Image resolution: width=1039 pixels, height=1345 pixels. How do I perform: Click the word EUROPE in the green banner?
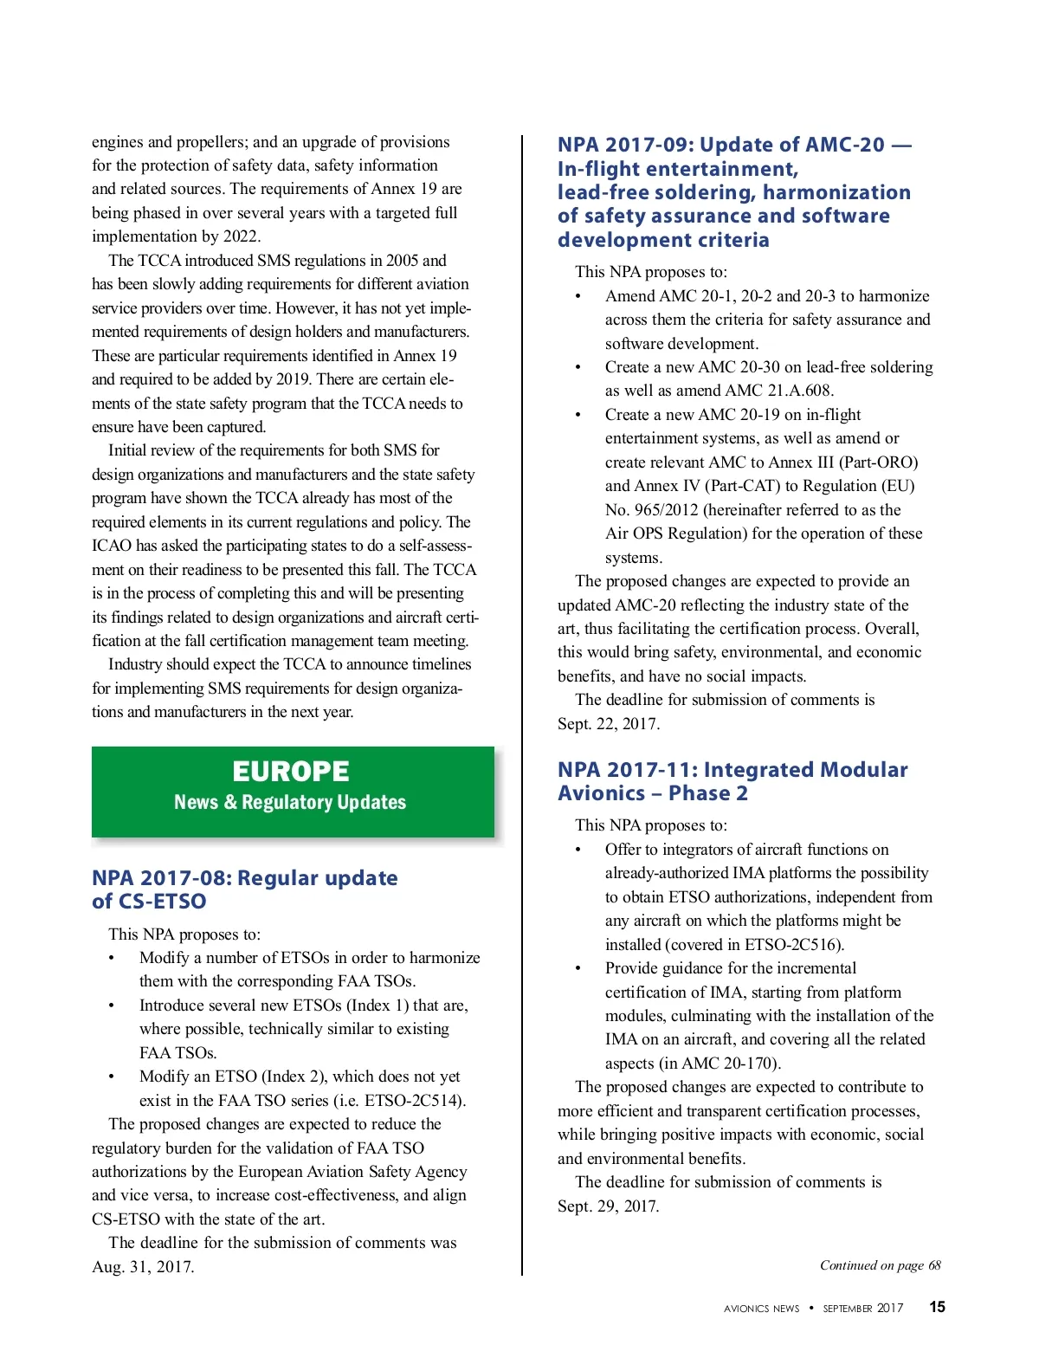click(x=291, y=771)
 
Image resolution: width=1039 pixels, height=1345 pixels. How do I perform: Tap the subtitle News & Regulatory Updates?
click(x=290, y=802)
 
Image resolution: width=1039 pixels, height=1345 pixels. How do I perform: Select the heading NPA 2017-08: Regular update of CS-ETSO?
click(x=244, y=889)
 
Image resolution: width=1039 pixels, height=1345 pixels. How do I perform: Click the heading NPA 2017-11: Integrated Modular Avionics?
click(x=732, y=781)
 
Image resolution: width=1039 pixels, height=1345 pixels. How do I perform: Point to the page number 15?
click(x=937, y=1307)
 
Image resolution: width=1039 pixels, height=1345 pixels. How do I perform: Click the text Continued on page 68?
click(x=880, y=1265)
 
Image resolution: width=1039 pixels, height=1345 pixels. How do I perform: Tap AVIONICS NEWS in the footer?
click(x=761, y=1309)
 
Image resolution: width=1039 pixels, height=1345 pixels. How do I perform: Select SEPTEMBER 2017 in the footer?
click(x=862, y=1309)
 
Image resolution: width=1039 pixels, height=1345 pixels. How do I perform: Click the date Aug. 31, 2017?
click(x=143, y=1266)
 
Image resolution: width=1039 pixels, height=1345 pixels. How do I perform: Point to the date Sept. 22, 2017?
click(x=608, y=723)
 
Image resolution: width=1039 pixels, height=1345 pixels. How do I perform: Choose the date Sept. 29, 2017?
click(x=608, y=1206)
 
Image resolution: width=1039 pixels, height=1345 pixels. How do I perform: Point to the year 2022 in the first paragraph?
click(x=240, y=236)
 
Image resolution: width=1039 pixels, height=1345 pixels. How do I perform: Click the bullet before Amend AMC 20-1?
click(x=578, y=296)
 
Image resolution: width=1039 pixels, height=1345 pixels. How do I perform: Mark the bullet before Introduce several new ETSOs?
click(x=112, y=1006)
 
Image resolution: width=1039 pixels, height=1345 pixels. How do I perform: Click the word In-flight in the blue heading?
click(x=598, y=169)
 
